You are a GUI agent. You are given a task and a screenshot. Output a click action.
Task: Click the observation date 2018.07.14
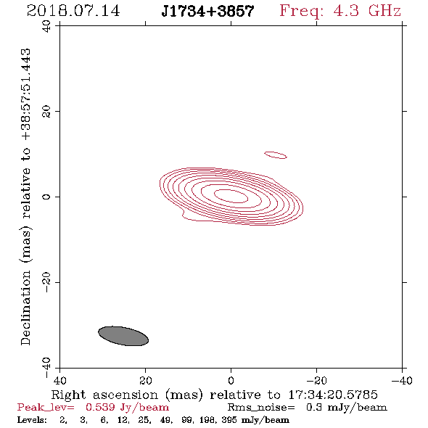tap(73, 11)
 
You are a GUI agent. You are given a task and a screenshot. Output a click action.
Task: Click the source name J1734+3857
tap(207, 11)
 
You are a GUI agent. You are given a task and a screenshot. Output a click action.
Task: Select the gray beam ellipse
tap(123, 336)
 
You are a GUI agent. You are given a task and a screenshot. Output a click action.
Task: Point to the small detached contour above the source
tap(276, 155)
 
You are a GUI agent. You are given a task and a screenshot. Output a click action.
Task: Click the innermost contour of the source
tap(231, 196)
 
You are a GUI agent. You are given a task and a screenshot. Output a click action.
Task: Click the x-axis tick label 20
tap(146, 381)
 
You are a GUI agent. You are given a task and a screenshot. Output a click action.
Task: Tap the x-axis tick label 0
tap(231, 381)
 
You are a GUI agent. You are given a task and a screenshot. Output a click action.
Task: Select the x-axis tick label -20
tap(316, 381)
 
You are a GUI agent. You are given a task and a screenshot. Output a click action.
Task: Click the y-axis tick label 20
tap(46, 112)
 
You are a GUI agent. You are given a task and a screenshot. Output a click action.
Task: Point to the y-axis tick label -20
tap(46, 282)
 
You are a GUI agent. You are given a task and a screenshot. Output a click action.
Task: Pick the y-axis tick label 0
tap(46, 197)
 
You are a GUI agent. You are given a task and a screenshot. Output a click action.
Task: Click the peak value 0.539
tap(100, 407)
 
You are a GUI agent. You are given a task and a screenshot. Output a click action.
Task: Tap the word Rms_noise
tap(261, 408)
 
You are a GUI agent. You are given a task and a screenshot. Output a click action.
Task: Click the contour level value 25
tap(143, 419)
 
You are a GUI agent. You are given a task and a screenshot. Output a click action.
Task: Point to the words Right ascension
tap(104, 395)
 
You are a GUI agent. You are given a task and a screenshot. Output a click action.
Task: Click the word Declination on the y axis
tap(25, 308)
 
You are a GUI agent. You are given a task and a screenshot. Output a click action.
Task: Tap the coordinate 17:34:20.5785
tap(333, 395)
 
